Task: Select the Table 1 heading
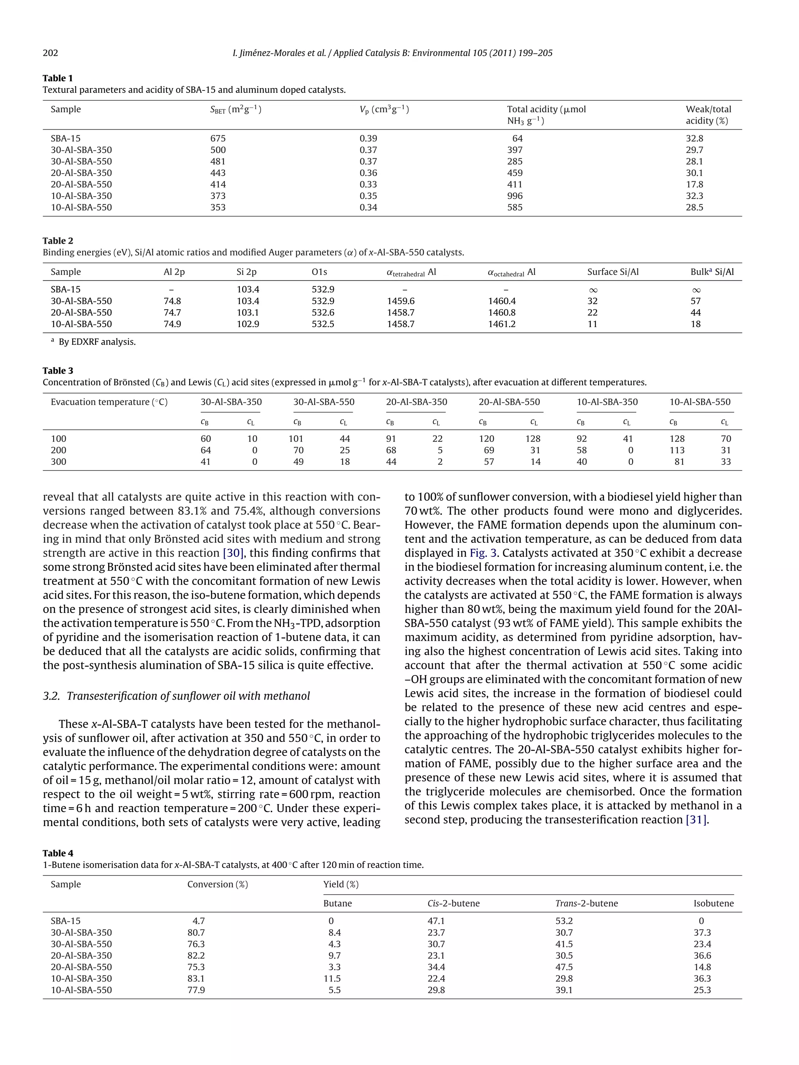58,78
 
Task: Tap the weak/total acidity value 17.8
694,184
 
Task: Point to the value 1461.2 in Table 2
501,324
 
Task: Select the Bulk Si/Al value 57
696,301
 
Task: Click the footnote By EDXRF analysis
97,342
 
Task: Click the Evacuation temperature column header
109,402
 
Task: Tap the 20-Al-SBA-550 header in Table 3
509,402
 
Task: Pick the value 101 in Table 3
296,439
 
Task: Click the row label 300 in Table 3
58,462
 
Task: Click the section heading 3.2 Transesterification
176,696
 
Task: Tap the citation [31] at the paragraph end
696,819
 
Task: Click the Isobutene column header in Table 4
713,903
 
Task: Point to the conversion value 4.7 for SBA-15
199,921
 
